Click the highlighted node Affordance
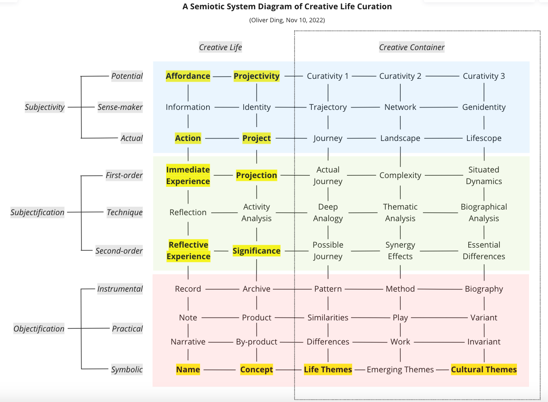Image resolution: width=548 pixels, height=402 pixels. [188, 76]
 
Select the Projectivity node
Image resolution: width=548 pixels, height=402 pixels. [257, 76]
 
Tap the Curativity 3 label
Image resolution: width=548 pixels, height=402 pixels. [484, 76]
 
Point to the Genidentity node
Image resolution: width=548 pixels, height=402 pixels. [484, 107]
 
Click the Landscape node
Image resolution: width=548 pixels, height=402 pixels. [400, 138]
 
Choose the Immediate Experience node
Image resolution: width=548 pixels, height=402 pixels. [188, 175]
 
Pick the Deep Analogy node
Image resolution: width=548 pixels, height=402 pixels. [328, 212]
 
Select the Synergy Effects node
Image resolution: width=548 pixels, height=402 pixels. [400, 250]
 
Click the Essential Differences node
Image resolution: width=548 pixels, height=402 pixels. [484, 250]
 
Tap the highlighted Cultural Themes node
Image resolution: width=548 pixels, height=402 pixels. [484, 370]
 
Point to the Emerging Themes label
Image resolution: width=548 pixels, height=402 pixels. [400, 370]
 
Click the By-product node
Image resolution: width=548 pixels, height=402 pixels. [257, 342]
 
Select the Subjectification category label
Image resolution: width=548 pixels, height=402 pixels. [38, 212]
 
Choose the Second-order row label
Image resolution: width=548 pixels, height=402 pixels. [119, 251]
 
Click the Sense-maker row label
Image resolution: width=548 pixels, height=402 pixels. [120, 107]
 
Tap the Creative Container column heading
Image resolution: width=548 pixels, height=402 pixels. [412, 47]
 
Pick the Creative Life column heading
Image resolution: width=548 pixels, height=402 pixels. [220, 47]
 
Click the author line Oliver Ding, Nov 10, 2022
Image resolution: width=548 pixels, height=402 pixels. [287, 20]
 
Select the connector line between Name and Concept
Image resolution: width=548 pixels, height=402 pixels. [220, 370]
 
